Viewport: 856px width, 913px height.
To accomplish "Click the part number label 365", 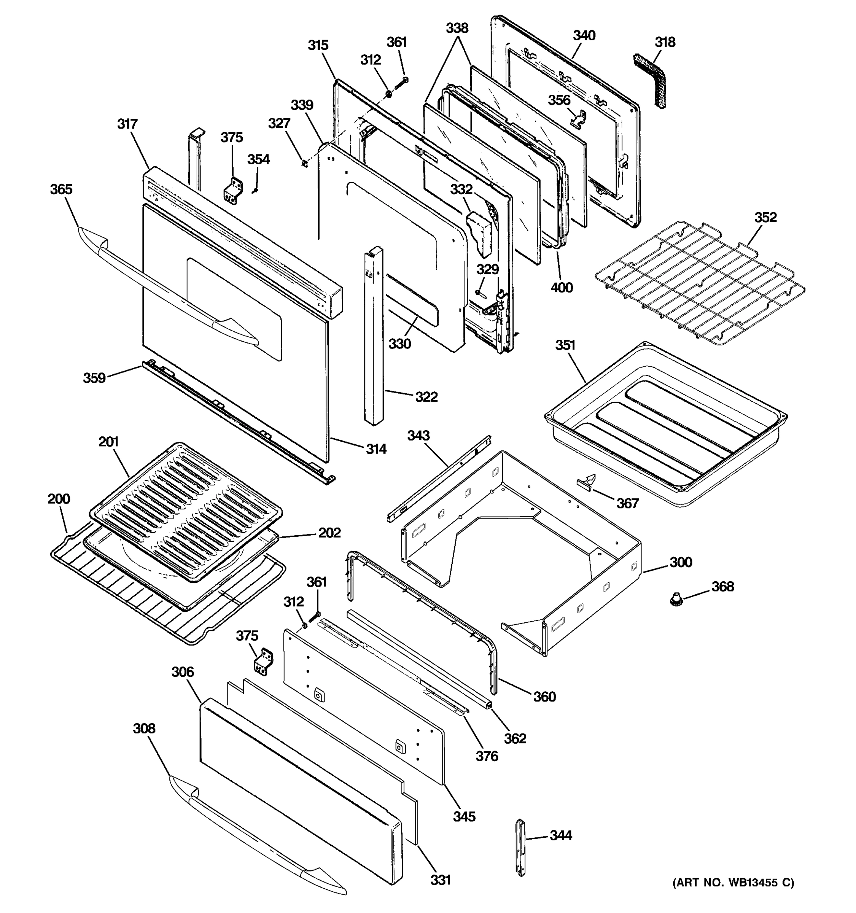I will [x=61, y=189].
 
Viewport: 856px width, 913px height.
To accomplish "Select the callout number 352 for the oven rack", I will [x=765, y=217].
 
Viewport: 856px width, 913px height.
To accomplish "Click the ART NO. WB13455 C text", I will [x=733, y=882].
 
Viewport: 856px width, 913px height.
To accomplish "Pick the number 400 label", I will [x=561, y=288].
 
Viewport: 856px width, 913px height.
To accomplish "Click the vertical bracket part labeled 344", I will [x=520, y=847].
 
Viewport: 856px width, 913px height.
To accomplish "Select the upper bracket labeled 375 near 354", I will [x=233, y=191].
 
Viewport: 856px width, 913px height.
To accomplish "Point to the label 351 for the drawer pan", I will [x=565, y=345].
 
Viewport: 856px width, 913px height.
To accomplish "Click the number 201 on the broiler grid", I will [x=108, y=442].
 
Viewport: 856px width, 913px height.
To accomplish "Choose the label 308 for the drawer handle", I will [x=144, y=728].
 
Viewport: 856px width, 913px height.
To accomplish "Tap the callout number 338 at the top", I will [x=457, y=28].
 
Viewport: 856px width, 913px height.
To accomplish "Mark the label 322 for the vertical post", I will [x=426, y=396].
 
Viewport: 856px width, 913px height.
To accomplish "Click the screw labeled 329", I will [x=479, y=292].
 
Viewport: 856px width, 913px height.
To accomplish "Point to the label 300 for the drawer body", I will [x=681, y=562].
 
